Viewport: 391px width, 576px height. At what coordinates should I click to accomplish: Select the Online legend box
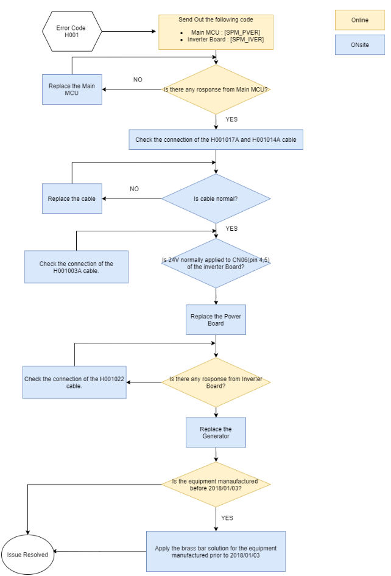[359, 20]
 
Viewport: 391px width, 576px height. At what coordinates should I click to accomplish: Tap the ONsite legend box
[359, 44]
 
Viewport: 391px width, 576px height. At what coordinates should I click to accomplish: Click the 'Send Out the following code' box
[216, 32]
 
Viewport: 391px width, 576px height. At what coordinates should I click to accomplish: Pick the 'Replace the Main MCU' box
[72, 90]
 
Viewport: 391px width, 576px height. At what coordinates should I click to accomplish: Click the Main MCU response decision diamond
[216, 90]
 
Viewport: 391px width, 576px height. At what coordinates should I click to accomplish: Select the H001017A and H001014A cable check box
[216, 139]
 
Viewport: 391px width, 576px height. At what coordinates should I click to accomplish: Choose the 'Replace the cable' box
[72, 198]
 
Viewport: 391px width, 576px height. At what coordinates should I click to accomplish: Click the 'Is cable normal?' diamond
[216, 198]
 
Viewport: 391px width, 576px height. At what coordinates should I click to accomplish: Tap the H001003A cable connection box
[76, 267]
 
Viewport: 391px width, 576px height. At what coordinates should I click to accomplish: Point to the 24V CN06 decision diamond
[216, 264]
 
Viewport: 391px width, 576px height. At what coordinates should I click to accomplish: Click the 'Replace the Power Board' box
[216, 320]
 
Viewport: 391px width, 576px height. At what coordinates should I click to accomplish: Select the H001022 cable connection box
[74, 382]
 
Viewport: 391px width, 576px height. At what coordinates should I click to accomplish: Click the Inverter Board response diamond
[216, 382]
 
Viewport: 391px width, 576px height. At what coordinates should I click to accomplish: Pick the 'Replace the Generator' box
[216, 432]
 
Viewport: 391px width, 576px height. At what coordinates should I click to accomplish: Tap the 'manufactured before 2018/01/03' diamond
[216, 484]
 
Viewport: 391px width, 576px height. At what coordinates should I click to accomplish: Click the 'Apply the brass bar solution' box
[216, 551]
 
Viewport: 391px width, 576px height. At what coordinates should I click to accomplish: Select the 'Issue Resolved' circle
[27, 554]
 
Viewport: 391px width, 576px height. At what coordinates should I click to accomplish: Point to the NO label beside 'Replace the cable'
[134, 189]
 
